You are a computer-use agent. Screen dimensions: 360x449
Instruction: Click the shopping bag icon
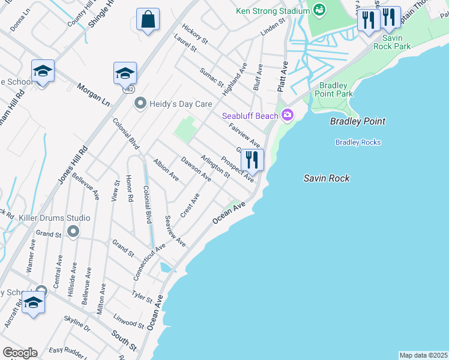click(x=148, y=19)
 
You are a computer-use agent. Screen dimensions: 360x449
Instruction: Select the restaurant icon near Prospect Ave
click(x=252, y=160)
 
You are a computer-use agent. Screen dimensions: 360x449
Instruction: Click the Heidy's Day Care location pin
click(x=140, y=104)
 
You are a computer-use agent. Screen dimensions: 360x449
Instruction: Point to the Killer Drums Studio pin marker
click(x=73, y=231)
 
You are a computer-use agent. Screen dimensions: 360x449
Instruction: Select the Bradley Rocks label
click(x=358, y=142)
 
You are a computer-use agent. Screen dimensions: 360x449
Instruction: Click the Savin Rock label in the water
click(x=326, y=178)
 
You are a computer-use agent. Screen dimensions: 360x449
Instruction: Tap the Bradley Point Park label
click(x=336, y=89)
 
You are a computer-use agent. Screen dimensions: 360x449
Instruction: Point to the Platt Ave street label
click(x=282, y=76)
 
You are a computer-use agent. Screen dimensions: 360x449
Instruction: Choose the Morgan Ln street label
click(x=94, y=95)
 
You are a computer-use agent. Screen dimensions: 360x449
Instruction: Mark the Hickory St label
click(x=195, y=35)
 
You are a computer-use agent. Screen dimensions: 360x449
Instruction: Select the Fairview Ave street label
click(x=244, y=136)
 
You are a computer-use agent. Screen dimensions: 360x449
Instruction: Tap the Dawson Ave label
click(x=196, y=170)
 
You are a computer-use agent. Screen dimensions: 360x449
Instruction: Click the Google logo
click(x=20, y=353)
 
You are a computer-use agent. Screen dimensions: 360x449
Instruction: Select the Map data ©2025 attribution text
click(x=423, y=355)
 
